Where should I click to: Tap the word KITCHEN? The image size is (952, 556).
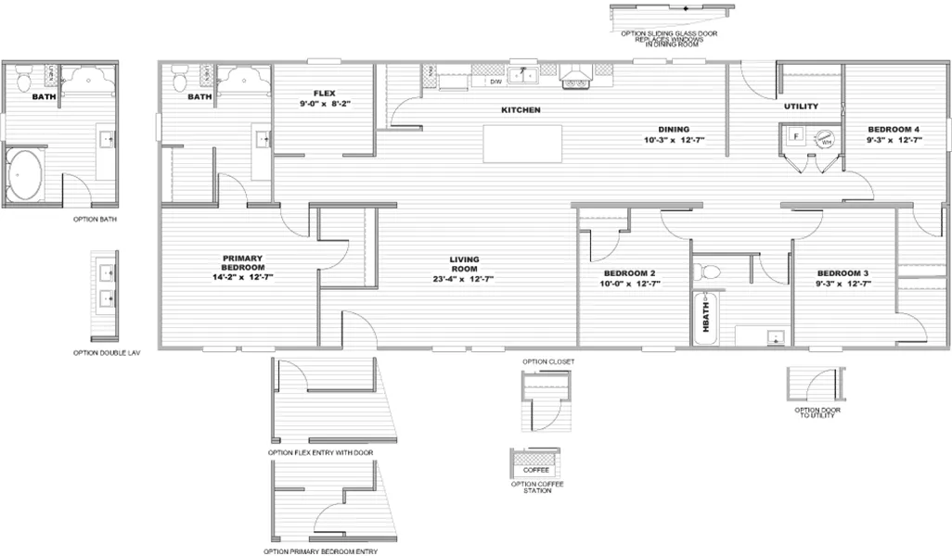coord(521,110)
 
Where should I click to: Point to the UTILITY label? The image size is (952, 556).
coord(801,107)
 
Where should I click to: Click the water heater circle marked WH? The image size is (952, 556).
coord(825,139)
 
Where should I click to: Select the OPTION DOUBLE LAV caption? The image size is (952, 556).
coord(106,352)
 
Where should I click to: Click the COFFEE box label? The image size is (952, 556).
coord(536,470)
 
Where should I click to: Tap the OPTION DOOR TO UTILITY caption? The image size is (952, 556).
coord(817,412)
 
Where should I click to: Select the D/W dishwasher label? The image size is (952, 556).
coord(495,82)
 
